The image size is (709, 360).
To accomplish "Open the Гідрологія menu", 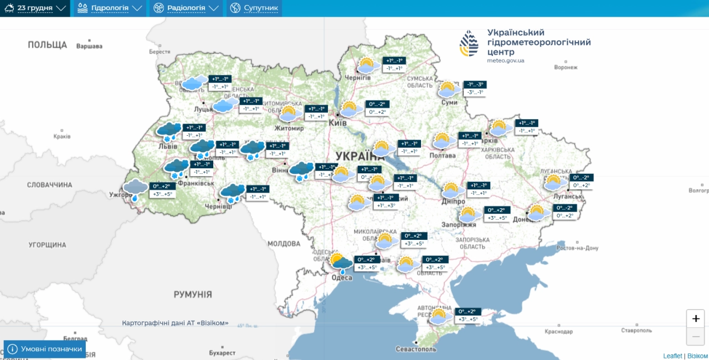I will coord(109,8).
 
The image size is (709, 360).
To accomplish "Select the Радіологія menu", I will coord(186,8).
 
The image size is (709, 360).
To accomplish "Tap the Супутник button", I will coord(254,8).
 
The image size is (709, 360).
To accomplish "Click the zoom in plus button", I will coord(696,319).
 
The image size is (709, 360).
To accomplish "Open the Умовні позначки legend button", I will coord(45,349).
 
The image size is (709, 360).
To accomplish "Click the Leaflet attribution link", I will coord(672,356).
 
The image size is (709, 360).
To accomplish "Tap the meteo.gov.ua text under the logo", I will coord(506,60).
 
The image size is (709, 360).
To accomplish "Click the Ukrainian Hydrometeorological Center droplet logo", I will coord(469,43).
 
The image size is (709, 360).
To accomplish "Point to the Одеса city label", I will coord(342,277).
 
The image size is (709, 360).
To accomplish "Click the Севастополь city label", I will coord(416,349).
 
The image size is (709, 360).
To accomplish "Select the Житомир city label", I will coord(289,128).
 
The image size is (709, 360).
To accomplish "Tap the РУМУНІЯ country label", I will coord(193,295).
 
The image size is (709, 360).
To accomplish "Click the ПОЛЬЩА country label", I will coord(48,45).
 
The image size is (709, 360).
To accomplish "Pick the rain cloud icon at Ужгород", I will coord(135,189).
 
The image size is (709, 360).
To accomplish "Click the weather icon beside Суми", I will coord(449,89).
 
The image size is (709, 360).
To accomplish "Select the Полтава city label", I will coord(443,156).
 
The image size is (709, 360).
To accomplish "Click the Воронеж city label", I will coord(566,68).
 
